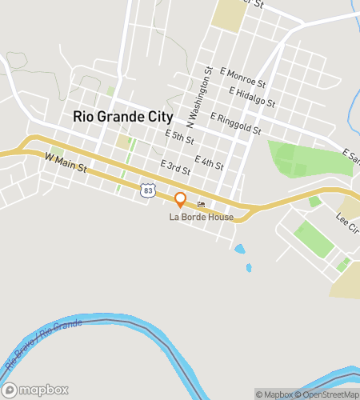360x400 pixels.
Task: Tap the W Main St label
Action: [64, 163]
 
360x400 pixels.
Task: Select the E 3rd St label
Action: [174, 167]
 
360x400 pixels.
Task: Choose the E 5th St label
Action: [179, 138]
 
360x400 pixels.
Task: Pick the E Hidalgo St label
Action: [251, 97]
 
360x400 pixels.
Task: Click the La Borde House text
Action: [201, 217]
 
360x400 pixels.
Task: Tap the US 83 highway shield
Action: [146, 189]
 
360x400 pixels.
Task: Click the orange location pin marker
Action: [181, 199]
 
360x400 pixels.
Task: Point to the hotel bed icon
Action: [201, 205]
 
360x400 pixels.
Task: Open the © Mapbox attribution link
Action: [274, 394]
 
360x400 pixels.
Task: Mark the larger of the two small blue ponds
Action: [240, 249]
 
